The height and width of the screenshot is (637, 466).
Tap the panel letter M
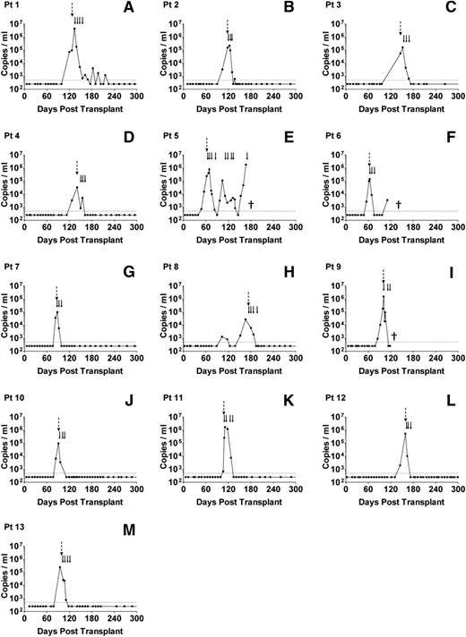[129, 529]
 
